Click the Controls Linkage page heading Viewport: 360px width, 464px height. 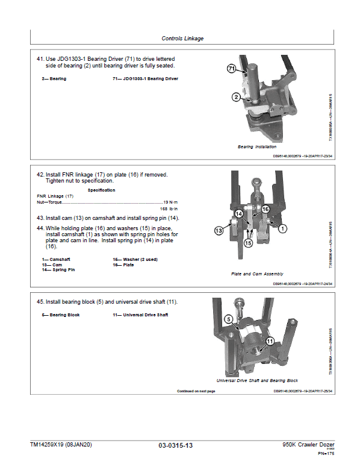(182, 39)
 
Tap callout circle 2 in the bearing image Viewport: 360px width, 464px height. (236, 97)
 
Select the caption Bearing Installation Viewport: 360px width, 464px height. (257, 146)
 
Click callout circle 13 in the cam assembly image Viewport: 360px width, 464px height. (220, 230)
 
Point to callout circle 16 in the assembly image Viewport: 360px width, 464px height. (265, 209)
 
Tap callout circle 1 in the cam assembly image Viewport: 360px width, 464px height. (283, 228)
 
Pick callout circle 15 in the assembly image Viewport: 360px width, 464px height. (247, 243)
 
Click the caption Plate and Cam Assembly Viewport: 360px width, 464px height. (257, 274)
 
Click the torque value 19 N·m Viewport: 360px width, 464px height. (171, 202)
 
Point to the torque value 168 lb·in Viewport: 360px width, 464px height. (170, 208)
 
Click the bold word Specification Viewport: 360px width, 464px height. (101, 190)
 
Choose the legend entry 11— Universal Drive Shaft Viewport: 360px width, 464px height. (140, 315)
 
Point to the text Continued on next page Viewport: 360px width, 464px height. (196, 391)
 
